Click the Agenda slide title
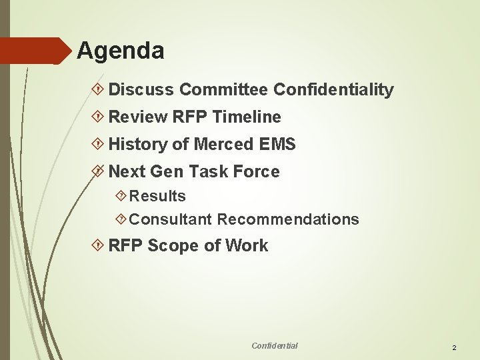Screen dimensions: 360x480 point(120,51)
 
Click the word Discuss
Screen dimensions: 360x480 point(141,89)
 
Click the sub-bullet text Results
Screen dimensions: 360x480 point(157,196)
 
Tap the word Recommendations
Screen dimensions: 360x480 point(288,219)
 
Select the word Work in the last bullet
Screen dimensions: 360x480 point(246,246)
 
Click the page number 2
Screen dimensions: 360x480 point(454,348)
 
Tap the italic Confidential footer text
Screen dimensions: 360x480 point(275,345)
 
